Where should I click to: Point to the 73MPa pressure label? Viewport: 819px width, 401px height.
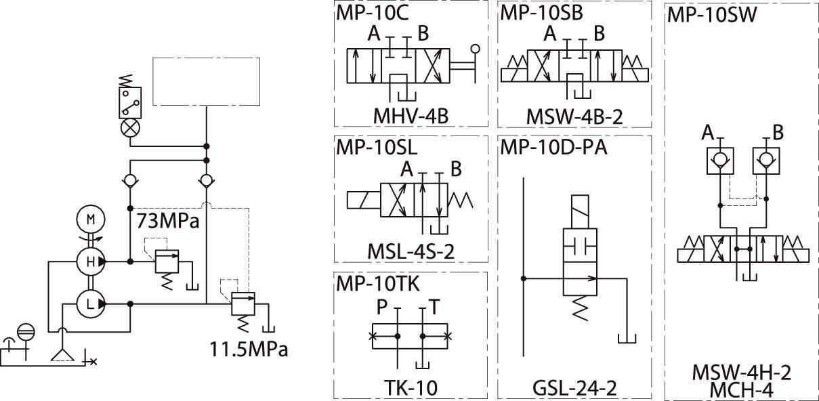click(x=168, y=221)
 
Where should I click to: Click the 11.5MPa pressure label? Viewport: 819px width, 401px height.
click(x=249, y=349)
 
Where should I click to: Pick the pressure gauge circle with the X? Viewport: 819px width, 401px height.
click(x=130, y=128)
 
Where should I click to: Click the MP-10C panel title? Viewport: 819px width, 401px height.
click(x=372, y=13)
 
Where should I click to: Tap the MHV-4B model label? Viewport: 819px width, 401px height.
click(x=411, y=117)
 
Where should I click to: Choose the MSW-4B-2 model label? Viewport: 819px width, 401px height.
click(x=574, y=117)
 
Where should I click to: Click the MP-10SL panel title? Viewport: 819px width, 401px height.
click(x=377, y=148)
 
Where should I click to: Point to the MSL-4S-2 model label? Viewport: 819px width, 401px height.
click(x=411, y=251)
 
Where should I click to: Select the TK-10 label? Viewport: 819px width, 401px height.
click(x=411, y=388)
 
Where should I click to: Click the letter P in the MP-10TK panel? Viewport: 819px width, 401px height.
click(x=381, y=307)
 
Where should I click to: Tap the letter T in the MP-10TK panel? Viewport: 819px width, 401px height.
click(x=434, y=307)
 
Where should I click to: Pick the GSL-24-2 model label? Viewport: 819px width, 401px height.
click(x=574, y=388)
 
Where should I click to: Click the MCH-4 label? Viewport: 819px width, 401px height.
click(x=742, y=390)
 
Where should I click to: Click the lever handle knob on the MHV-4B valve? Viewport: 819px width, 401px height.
click(x=476, y=49)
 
